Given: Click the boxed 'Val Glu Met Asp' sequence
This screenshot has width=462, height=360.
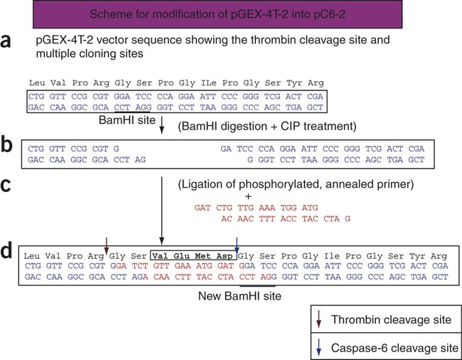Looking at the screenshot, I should (192, 255).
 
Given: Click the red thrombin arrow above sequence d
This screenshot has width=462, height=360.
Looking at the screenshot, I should (106, 243).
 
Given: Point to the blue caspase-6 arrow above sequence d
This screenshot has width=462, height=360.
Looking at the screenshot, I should (237, 243).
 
